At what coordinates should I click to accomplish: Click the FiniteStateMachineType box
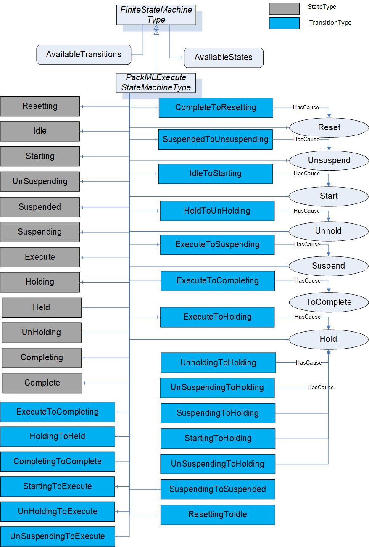pyautogui.click(x=156, y=15)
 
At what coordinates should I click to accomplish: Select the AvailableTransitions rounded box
pyautogui.click(x=84, y=55)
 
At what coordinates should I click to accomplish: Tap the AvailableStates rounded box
pyautogui.click(x=223, y=58)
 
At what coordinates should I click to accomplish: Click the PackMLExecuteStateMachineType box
pyautogui.click(x=156, y=83)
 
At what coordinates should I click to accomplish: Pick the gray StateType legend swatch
pyautogui.click(x=284, y=9)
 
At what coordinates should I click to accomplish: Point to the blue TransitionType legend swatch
pyautogui.click(x=284, y=23)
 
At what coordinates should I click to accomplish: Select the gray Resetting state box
pyautogui.click(x=40, y=106)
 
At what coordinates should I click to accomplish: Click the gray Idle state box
pyautogui.click(x=40, y=131)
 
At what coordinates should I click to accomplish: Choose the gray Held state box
pyautogui.click(x=42, y=307)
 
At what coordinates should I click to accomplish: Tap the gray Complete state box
pyautogui.click(x=42, y=383)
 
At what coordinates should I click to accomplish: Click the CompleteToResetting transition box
pyautogui.click(x=216, y=108)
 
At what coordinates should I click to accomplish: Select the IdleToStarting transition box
pyautogui.click(x=216, y=174)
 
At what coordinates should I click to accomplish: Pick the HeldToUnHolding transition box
pyautogui.click(x=217, y=211)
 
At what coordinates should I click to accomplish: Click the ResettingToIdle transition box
pyautogui.click(x=218, y=515)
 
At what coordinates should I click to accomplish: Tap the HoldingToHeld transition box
pyautogui.click(x=58, y=436)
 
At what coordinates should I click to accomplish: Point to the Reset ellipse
pyautogui.click(x=329, y=128)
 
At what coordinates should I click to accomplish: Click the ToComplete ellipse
pyautogui.click(x=329, y=302)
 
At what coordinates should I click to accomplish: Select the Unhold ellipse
pyautogui.click(x=329, y=231)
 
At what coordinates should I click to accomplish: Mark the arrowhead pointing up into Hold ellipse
pyautogui.click(x=329, y=351)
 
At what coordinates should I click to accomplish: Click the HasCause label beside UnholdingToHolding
pyautogui.click(x=309, y=362)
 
